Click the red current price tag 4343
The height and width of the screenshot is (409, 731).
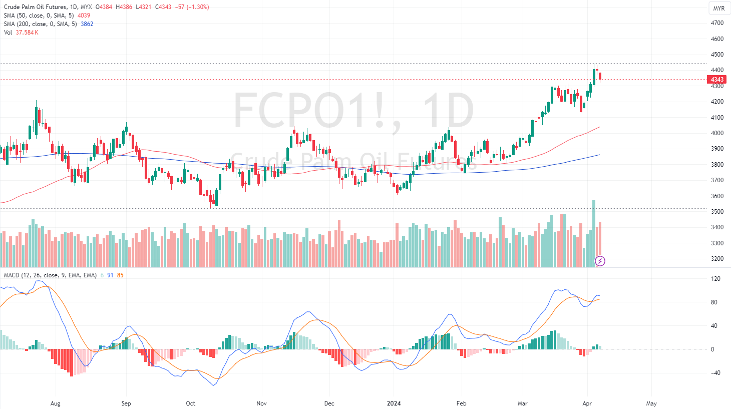point(717,80)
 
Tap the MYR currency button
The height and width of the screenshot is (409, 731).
point(718,9)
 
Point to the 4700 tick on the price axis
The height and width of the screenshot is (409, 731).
point(717,23)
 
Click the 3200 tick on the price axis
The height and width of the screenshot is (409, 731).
point(717,259)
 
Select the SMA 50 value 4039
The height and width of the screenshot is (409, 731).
point(84,16)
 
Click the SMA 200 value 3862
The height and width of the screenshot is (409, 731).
point(87,24)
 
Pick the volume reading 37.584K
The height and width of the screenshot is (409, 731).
point(27,33)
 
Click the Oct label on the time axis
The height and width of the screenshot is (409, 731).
point(190,403)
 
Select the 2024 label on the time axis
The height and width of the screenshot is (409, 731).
point(394,403)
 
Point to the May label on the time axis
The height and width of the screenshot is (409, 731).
point(651,403)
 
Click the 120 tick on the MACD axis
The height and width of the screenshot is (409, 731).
point(715,279)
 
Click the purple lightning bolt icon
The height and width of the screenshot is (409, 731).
point(600,261)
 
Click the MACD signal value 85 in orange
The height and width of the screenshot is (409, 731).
point(120,275)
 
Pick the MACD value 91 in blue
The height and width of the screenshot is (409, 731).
point(110,275)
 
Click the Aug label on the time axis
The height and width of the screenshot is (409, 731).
point(55,403)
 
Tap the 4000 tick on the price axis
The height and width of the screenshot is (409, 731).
point(717,133)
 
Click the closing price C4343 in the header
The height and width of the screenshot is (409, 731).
point(163,7)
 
